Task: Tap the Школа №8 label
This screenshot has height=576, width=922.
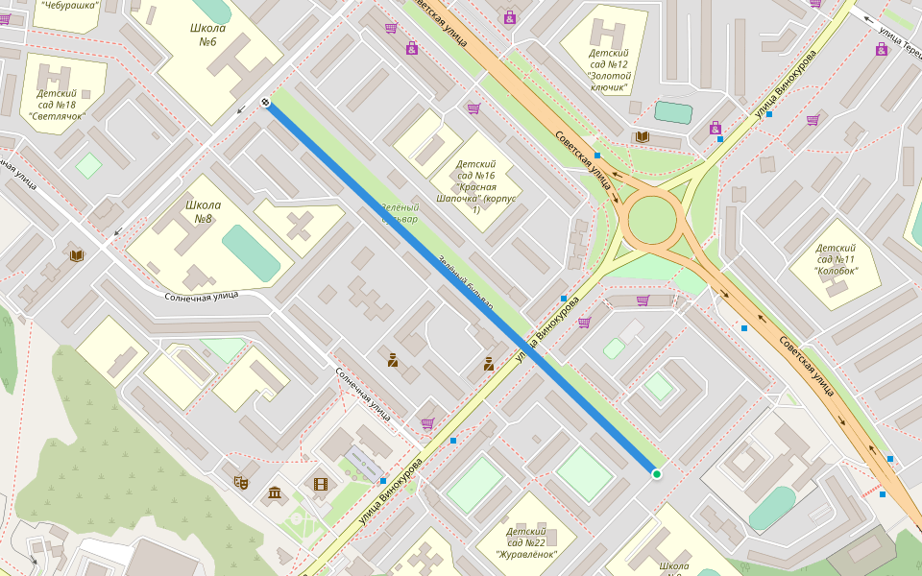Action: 203,212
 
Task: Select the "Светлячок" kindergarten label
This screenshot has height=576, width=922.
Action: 57,105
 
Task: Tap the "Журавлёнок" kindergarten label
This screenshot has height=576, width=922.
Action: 525,542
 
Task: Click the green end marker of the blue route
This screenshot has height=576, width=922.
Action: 657,474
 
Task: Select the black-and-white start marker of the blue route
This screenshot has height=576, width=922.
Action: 265,103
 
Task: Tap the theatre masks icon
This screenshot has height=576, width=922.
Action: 241,482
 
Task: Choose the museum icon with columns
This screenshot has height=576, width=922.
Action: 276,493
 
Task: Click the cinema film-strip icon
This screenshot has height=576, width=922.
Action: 320,484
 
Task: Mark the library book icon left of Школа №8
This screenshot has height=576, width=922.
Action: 77,255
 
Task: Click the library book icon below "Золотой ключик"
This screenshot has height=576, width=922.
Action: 642,137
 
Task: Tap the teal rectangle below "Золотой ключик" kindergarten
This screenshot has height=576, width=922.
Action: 673,112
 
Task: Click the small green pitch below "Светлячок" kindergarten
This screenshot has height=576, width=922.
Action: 88,165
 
